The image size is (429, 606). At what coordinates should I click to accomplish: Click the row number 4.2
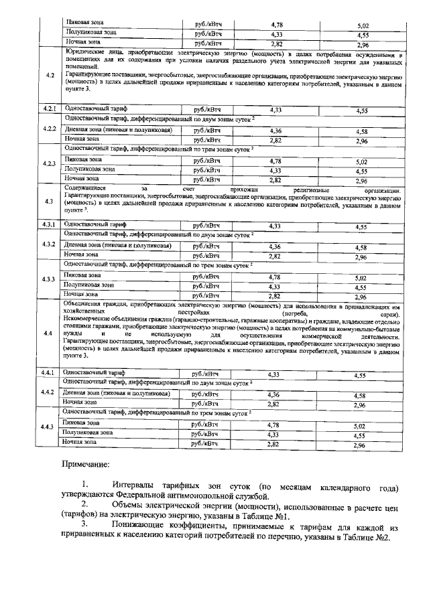click(x=49, y=75)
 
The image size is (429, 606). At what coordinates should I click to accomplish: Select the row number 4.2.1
click(x=49, y=108)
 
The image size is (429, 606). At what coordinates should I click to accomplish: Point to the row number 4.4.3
click(x=49, y=427)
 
